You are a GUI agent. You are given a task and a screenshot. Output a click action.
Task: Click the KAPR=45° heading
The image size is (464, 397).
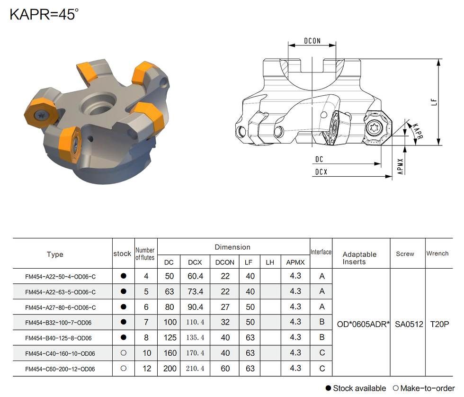coord(44,14)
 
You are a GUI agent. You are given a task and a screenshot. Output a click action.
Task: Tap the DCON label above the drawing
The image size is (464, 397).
coord(312,41)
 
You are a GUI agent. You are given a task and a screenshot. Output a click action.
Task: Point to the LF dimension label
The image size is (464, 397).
coord(434,102)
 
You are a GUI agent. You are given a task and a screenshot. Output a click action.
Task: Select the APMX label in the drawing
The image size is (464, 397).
coord(400,166)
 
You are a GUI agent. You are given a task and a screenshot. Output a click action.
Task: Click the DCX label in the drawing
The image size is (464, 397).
coord(321,172)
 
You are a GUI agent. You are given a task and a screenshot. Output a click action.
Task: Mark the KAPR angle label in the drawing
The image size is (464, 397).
coord(418,131)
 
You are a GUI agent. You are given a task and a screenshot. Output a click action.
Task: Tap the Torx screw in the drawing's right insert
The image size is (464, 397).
coord(372,128)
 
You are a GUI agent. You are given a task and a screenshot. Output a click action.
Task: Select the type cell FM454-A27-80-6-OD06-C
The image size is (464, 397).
coord(61,307)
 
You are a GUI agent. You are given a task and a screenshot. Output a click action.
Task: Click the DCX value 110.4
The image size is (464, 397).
coord(195,322)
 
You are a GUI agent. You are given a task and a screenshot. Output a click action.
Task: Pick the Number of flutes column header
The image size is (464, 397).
coord(145,254)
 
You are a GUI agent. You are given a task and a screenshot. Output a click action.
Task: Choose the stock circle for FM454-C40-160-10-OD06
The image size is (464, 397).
coord(124,353)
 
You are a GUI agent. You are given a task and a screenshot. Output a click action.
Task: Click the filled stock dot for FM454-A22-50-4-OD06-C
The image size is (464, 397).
coord(124,276)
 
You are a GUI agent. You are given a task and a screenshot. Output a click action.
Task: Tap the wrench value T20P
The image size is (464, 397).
coord(439,324)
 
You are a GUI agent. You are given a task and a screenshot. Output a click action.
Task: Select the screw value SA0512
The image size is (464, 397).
coord(409,324)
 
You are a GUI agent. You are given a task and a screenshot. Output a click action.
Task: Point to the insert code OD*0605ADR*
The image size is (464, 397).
coord(363,324)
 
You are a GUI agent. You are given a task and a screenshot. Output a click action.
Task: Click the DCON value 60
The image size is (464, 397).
coord(225,368)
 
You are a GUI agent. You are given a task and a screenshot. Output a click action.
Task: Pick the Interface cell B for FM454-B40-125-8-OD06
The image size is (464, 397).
coord(322,337)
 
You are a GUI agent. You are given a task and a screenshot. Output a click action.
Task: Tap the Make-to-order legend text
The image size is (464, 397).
coord(427,388)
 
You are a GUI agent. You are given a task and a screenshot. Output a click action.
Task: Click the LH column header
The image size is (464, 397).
coord(270,262)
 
